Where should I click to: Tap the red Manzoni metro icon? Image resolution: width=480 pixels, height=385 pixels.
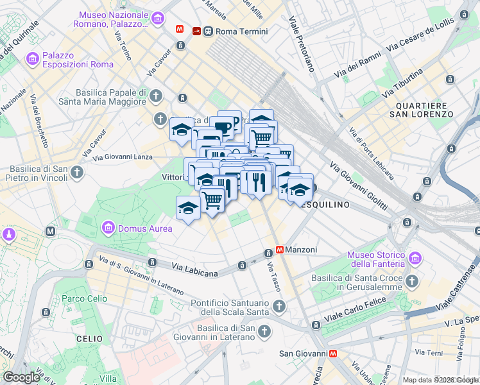[x=280, y=250]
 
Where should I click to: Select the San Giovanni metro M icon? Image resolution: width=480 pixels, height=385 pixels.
[x=333, y=353]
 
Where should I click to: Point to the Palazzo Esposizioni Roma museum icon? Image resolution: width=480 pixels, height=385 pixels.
[x=33, y=59]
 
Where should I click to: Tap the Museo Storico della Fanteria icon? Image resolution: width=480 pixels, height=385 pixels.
[x=415, y=259]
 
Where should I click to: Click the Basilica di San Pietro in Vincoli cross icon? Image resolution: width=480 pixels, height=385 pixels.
[x=77, y=172]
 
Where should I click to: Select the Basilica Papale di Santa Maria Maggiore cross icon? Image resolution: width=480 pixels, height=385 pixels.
[x=157, y=96]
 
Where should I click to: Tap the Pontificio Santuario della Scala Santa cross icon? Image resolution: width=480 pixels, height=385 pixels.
[x=279, y=307]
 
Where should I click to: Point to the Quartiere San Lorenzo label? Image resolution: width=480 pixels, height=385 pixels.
[x=425, y=109]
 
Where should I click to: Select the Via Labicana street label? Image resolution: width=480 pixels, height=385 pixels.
[x=194, y=270]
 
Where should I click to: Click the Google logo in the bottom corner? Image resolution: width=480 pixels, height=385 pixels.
[x=21, y=377]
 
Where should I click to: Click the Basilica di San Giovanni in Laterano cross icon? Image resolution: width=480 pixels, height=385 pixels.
[x=265, y=332]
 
